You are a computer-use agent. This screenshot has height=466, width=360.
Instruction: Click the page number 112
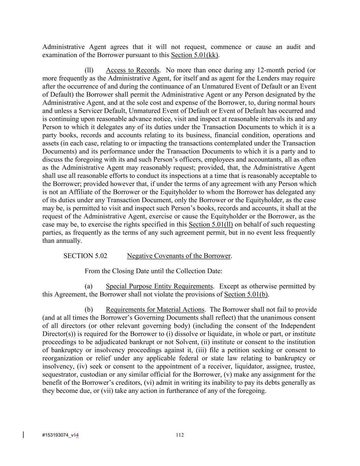pyautogui.click(x=180, y=435)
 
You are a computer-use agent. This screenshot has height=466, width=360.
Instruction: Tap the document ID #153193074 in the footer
pyautogui.click(x=55, y=435)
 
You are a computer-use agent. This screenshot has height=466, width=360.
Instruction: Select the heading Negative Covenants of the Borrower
pyautogui.click(x=179, y=256)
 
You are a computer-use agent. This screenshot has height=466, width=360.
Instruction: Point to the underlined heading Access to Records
pyautogui.click(x=132, y=70)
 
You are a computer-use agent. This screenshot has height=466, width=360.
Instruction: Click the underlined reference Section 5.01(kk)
pyautogui.click(x=195, y=55)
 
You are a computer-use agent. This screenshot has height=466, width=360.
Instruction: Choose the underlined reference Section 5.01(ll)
pyautogui.click(x=211, y=224)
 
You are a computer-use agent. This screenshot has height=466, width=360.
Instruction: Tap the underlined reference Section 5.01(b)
pyautogui.click(x=246, y=294)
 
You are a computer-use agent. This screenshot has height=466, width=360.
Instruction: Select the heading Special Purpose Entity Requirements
pyautogui.click(x=159, y=286)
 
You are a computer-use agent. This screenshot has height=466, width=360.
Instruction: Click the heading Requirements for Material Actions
pyautogui.click(x=155, y=310)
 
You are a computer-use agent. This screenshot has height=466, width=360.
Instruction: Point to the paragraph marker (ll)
pyautogui.click(x=89, y=70)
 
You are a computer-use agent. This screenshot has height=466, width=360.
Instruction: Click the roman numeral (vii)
pyautogui.click(x=107, y=391)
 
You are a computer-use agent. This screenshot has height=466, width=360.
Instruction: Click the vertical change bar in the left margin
pyautogui.click(x=23, y=435)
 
